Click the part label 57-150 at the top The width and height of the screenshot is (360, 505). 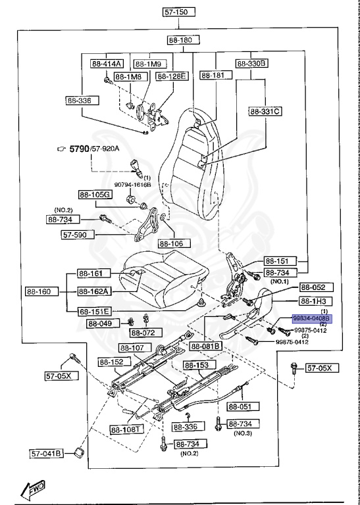click(180, 12)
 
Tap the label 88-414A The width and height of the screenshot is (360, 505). click(106, 64)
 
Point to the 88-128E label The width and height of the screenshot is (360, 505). click(172, 76)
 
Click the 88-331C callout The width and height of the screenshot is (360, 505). click(265, 111)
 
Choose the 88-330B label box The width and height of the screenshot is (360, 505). click(251, 64)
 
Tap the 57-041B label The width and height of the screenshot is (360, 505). click(46, 453)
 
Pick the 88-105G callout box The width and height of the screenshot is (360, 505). click(95, 195)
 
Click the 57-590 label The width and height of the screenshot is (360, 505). click(78, 234)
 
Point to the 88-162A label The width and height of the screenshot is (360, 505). click(93, 291)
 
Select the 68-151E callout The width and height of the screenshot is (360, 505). click(93, 311)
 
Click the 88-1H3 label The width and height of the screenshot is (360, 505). click(315, 301)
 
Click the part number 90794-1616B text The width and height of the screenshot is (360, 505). click(134, 185)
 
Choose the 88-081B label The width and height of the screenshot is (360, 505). click(206, 346)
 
